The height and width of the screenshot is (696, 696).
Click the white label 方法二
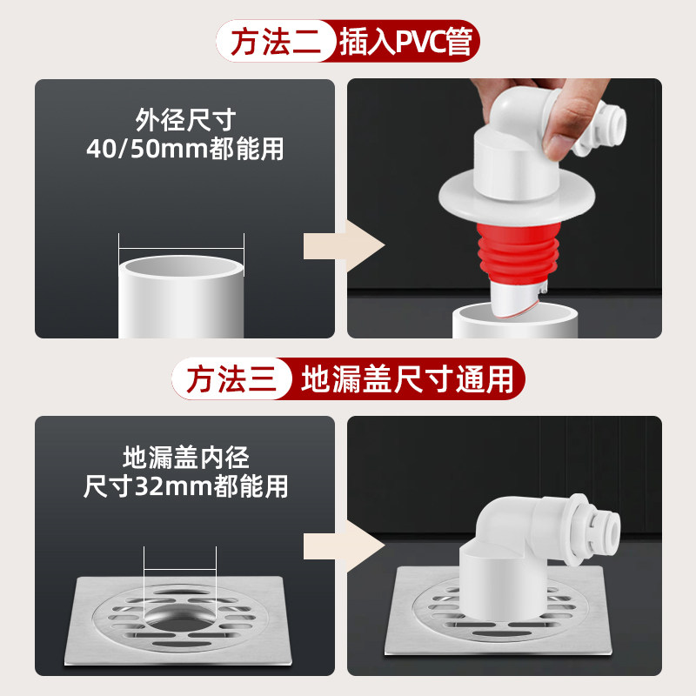tap(275, 41)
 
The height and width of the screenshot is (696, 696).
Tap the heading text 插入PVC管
tap(405, 42)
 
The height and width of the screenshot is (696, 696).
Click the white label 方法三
tap(231, 379)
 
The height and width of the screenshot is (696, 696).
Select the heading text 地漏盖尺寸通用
tap(407, 379)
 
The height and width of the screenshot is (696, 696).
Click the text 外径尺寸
tap(185, 120)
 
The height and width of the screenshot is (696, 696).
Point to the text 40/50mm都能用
tap(185, 149)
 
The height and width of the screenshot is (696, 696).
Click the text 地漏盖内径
tap(186, 458)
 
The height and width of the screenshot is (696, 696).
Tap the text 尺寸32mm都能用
tap(185, 486)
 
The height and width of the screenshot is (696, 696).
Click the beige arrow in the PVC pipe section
tap(344, 246)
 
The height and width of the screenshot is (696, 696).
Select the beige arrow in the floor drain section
tap(344, 546)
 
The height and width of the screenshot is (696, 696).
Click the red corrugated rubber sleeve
tap(519, 252)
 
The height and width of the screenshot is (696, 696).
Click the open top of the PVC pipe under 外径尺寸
tap(181, 266)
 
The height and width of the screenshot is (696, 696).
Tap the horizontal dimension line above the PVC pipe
tap(181, 249)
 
